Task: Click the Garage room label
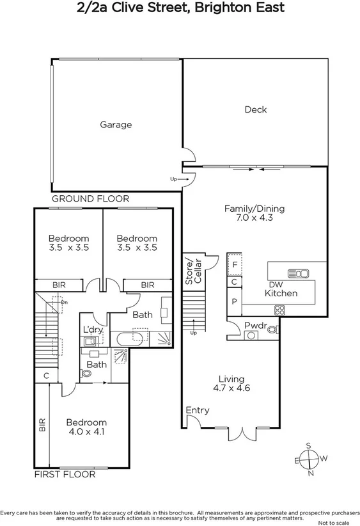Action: tap(116, 125)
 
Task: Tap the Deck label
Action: tap(255, 109)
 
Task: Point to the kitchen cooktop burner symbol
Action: tap(279, 310)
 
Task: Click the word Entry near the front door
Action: tap(197, 410)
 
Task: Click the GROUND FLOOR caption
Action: tap(90, 199)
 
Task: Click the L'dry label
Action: tap(93, 330)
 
